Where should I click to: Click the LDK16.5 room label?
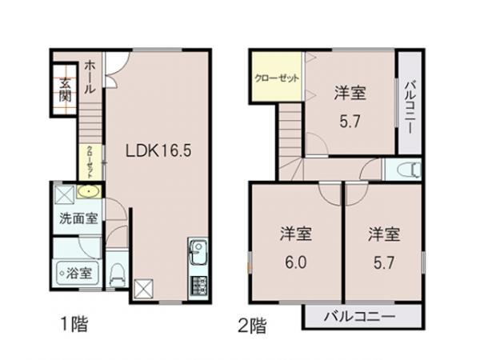click(x=156, y=150)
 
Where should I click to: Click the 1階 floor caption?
click(x=73, y=326)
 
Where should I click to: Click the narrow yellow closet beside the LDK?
click(x=90, y=162)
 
